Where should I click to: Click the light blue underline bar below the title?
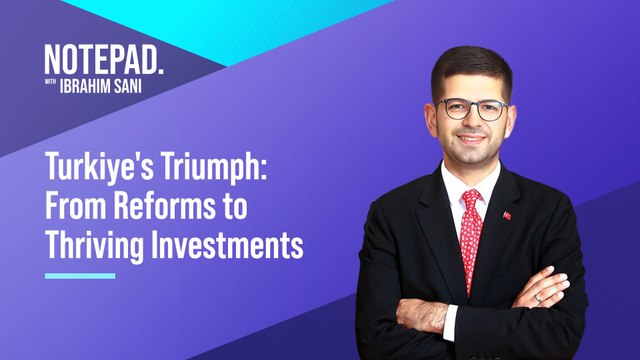coord(80,275)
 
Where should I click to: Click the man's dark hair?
coord(470,62)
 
